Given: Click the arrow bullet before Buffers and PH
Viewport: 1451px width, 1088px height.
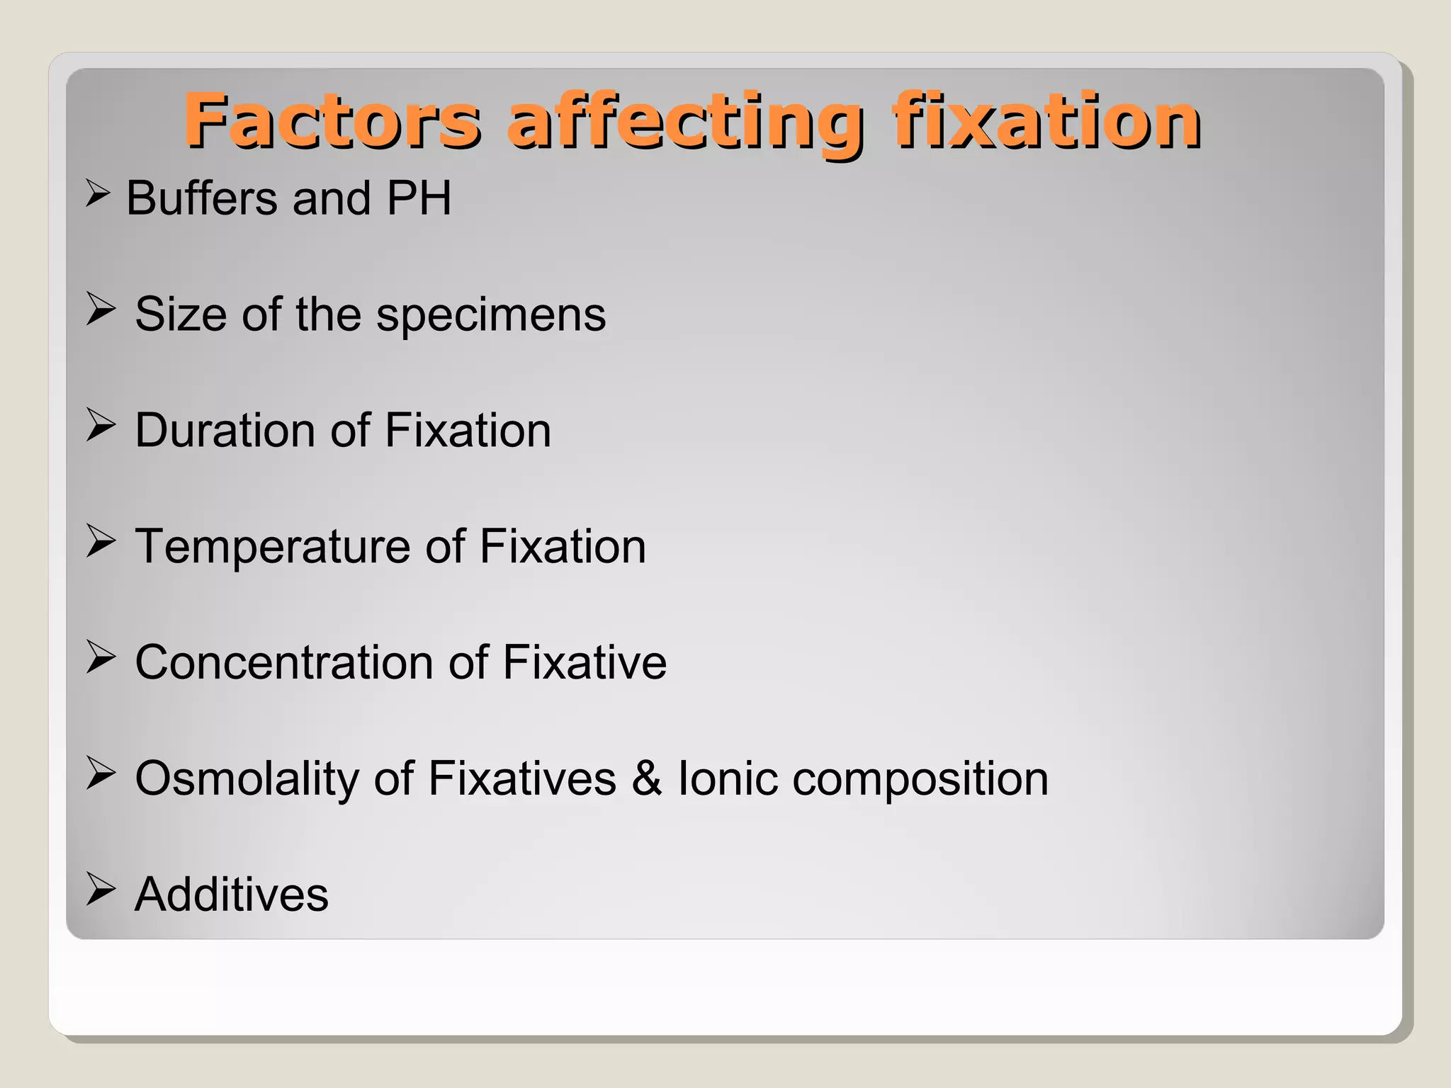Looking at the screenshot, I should coord(97,193).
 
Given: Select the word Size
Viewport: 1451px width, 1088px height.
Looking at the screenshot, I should coord(181,314).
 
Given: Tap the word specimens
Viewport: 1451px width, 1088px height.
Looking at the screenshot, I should coord(491,315).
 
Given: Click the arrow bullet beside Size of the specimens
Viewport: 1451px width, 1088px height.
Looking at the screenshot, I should coord(101,310).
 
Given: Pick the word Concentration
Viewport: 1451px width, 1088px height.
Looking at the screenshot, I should coord(284,662).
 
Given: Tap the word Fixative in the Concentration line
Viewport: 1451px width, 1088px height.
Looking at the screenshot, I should coord(585,662).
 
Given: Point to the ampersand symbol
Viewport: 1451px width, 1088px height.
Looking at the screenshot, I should coord(646,778).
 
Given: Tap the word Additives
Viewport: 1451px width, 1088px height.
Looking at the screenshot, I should coord(232,895).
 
